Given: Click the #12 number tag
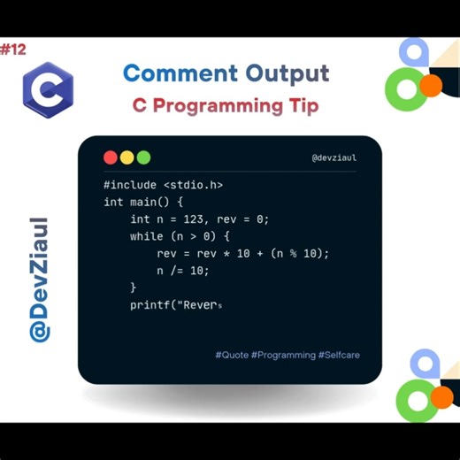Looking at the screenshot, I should tap(13, 50).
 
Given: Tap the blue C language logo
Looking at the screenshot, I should tap(48, 88).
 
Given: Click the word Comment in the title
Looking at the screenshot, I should tap(180, 73).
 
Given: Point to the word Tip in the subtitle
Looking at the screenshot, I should tap(300, 105).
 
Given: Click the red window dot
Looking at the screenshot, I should tap(111, 157).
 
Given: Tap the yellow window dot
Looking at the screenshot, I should tap(127, 157).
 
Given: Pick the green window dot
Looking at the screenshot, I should tap(143, 157).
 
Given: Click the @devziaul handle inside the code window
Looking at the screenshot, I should tap(334, 158).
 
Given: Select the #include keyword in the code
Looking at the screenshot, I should tap(130, 185).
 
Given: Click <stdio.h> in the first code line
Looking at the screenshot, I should tap(193, 185).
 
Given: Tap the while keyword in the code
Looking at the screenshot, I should tap(147, 236).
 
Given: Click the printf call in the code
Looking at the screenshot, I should tap(149, 305).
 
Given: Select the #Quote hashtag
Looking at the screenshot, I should tap(232, 355).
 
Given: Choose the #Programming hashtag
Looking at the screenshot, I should tap(283, 355).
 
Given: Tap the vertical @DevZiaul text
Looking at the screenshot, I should tap(39, 279).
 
